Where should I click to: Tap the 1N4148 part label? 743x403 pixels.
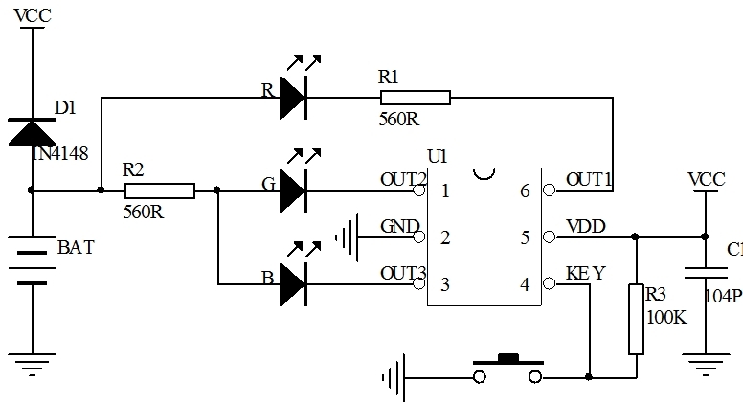click(67, 152)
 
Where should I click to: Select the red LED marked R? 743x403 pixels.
click(293, 98)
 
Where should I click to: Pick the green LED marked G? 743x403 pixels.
click(293, 190)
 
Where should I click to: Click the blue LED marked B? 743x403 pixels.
click(293, 284)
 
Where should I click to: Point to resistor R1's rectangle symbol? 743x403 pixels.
click(415, 98)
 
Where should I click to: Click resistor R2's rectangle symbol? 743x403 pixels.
click(160, 190)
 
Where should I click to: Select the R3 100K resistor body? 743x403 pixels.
click(635, 319)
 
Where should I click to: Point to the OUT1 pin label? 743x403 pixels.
click(589, 179)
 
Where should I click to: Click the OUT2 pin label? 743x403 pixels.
click(402, 179)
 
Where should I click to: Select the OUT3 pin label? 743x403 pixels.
click(402, 273)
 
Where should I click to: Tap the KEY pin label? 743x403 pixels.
click(585, 273)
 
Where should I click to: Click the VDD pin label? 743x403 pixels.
click(585, 227)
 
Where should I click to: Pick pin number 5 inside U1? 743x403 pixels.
click(525, 237)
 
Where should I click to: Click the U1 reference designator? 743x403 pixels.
click(437, 156)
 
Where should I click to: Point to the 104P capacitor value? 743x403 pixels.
click(723, 298)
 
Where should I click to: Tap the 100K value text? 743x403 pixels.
click(667, 317)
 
